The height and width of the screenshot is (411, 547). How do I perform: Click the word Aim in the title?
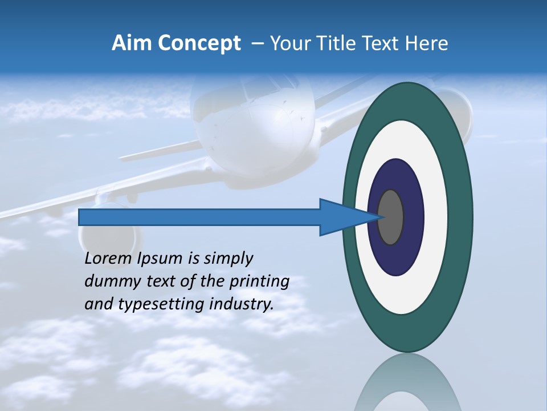131,43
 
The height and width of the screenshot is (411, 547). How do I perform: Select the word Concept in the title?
198,44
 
